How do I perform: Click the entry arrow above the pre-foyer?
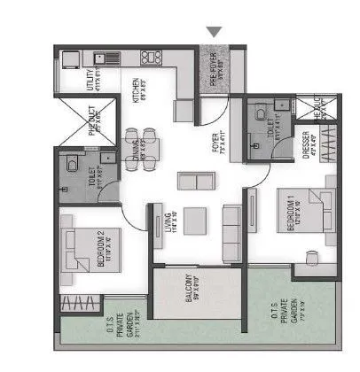coord(213,32)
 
